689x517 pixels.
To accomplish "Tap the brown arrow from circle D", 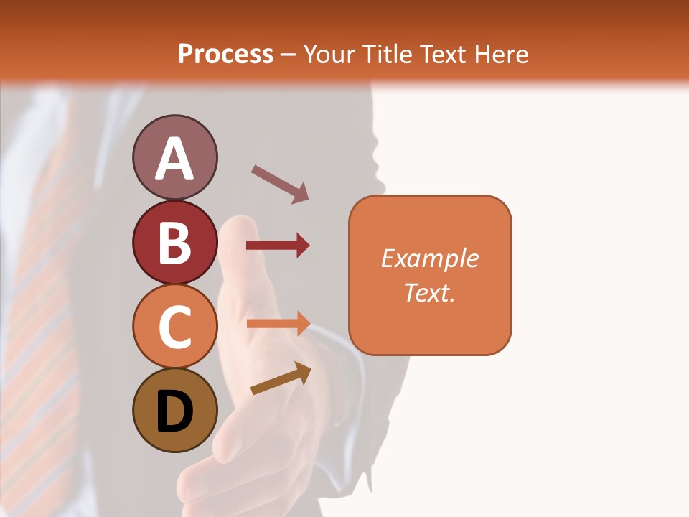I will point(281,378).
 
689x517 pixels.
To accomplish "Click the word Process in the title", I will point(225,55).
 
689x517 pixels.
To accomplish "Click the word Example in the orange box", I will point(430,258).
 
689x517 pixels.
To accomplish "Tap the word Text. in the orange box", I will point(430,292).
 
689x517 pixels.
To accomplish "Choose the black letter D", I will point(174,411).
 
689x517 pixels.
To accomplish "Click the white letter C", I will point(174,327).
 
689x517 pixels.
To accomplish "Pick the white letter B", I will point(174,243).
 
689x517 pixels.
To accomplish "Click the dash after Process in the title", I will point(289,55).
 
